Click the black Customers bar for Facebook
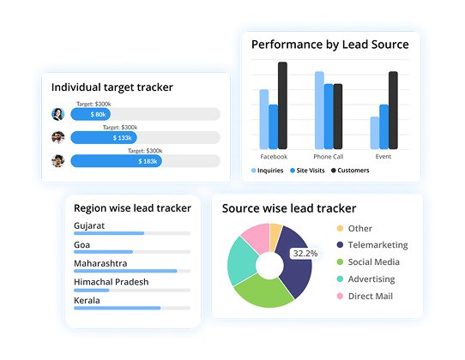[282, 105]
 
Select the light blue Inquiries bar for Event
[375, 133]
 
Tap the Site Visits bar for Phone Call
[328, 116]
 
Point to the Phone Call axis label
[329, 157]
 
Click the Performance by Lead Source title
[329, 44]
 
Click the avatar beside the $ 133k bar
[57, 137]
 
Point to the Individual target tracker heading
[112, 87]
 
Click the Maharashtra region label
[100, 263]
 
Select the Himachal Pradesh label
[111, 282]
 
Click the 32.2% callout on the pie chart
[305, 254]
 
